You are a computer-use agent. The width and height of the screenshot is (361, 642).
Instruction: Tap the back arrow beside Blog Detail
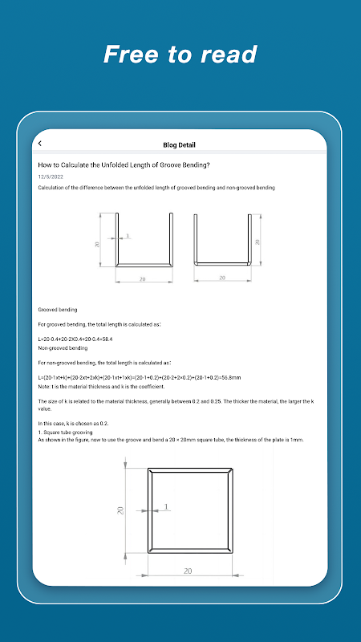click(39, 144)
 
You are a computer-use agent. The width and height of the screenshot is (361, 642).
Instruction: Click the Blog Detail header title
click(179, 145)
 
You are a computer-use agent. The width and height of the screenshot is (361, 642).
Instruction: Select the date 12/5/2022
click(51, 177)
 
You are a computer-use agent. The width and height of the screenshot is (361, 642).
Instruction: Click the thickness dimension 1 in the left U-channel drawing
click(128, 235)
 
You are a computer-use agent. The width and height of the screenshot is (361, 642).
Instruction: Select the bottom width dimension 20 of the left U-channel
click(143, 279)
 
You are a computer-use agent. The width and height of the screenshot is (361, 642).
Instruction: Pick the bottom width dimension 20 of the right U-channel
click(222, 278)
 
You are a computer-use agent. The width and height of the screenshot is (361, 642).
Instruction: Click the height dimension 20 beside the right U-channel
click(258, 242)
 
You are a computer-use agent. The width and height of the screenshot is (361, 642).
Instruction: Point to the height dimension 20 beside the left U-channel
click(97, 245)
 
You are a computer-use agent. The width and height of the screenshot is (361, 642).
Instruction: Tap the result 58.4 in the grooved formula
click(107, 339)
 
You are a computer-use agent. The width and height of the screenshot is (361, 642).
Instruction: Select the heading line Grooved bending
click(58, 310)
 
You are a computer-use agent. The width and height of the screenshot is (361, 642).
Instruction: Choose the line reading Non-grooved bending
click(63, 348)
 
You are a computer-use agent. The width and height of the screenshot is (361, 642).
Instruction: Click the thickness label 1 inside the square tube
click(166, 507)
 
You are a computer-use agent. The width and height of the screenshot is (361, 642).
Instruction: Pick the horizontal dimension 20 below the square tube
click(188, 571)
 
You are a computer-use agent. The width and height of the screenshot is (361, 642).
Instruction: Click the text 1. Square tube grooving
click(65, 433)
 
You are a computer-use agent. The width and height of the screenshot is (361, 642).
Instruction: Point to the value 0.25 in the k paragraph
click(215, 403)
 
